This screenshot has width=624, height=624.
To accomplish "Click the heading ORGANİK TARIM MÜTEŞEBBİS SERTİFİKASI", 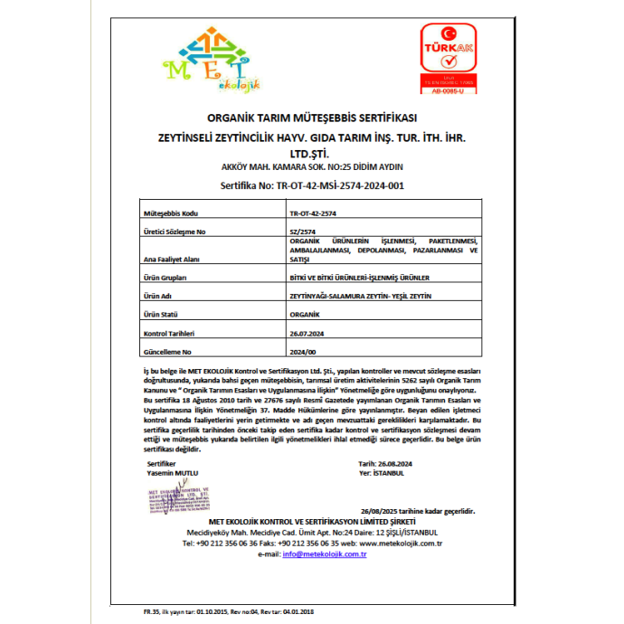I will pyautogui.click(x=311, y=118).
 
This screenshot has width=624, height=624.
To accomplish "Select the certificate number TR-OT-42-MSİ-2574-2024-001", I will pyautogui.click(x=311, y=185).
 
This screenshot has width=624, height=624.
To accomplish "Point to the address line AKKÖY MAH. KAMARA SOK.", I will pyautogui.click(x=311, y=168).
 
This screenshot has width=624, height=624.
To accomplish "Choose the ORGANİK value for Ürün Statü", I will pyautogui.click(x=305, y=314).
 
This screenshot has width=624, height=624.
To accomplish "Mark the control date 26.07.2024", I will pyautogui.click(x=308, y=332).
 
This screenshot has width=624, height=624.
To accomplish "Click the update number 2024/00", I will pyautogui.click(x=303, y=349).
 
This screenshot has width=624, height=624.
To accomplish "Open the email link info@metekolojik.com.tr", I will pyautogui.click(x=324, y=553).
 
